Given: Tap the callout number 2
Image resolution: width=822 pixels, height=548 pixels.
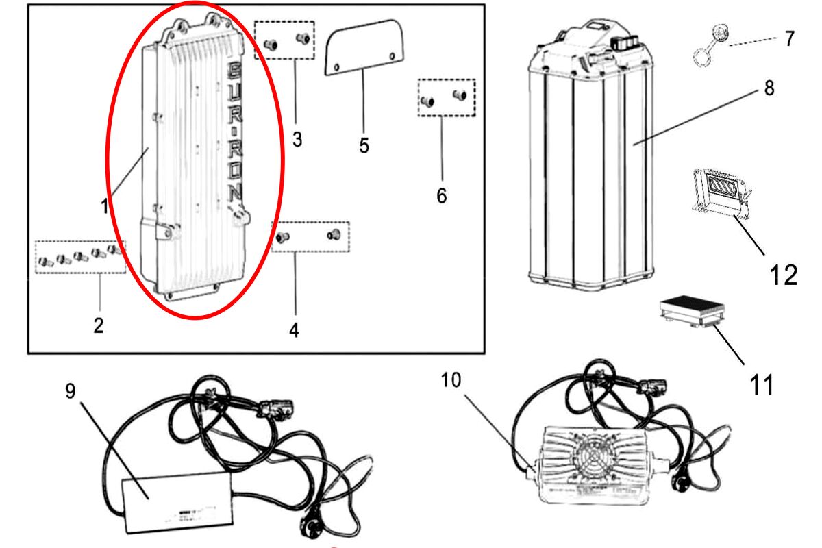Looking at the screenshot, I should point(99,325).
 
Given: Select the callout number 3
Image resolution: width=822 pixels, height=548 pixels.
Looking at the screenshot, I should point(297,139).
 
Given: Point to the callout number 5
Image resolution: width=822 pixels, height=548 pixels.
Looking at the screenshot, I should point(364,145).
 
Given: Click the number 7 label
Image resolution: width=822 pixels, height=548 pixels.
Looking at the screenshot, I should point(790,38).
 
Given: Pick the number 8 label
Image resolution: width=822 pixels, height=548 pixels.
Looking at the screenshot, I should point(769,90).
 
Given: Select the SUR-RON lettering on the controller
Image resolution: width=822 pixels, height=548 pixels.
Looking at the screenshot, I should point(234,130).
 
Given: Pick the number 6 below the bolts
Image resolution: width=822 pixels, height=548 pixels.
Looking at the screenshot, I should point(441,196).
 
